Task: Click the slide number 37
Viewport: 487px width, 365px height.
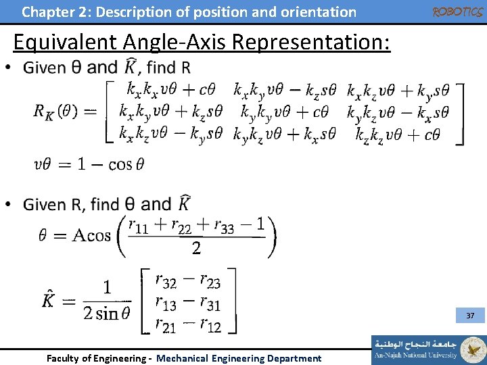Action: pyautogui.click(x=470, y=316)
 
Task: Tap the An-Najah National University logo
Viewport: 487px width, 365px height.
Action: pyautogui.click(x=428, y=349)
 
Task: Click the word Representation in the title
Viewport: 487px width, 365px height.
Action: pyautogui.click(x=310, y=43)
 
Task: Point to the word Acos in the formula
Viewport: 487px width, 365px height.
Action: pyautogui.click(x=91, y=235)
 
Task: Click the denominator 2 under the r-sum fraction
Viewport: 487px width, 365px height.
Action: pyautogui.click(x=195, y=249)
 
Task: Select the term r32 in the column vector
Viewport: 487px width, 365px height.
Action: pyautogui.click(x=165, y=279)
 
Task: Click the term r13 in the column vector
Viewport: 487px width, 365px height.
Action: pyautogui.click(x=165, y=302)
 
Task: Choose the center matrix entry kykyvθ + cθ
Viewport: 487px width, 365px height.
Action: pyautogui.click(x=284, y=112)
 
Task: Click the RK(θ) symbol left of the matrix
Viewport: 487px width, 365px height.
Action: pyautogui.click(x=60, y=112)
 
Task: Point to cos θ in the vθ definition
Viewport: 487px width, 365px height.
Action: pyautogui.click(x=126, y=164)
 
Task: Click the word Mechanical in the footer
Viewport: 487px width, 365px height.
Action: pyautogui.click(x=183, y=358)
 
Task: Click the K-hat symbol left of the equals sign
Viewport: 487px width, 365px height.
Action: pyautogui.click(x=49, y=299)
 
